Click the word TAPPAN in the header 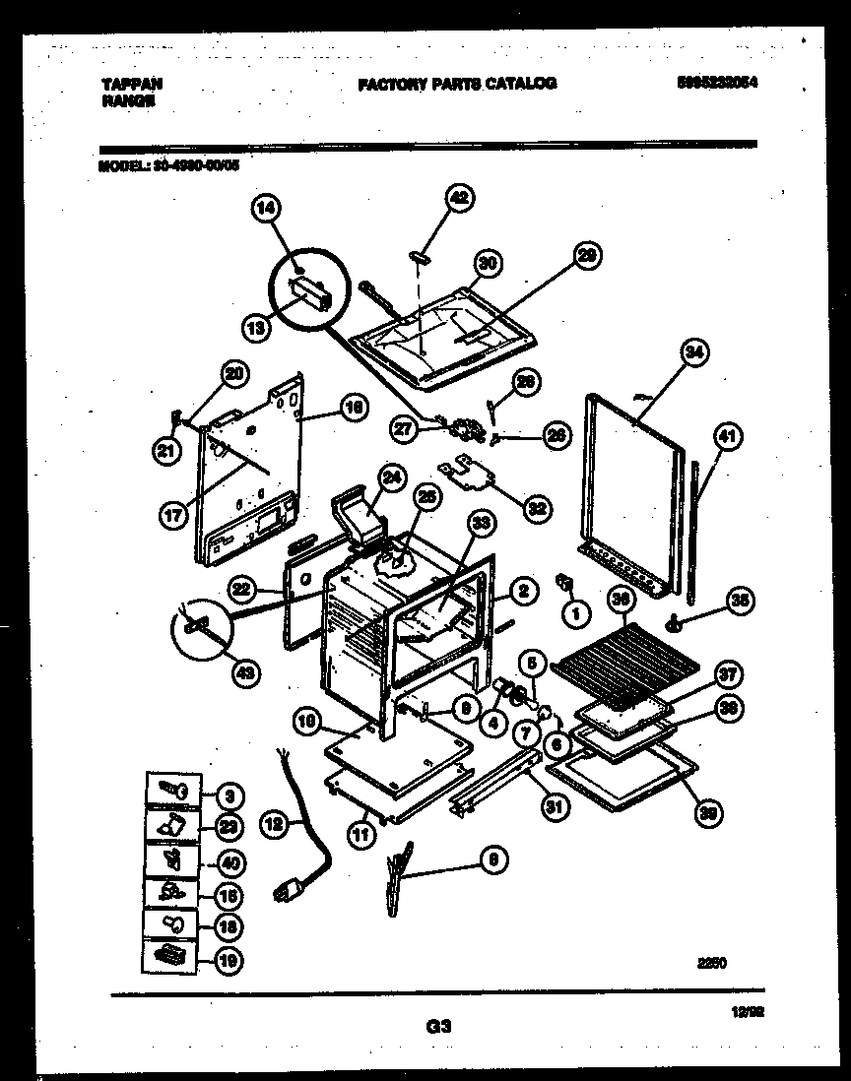click(x=131, y=85)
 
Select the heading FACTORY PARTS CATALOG click(x=456, y=84)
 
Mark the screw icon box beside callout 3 click(x=173, y=791)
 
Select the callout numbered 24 click(x=393, y=478)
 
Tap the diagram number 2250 click(x=712, y=964)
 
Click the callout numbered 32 click(x=536, y=508)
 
